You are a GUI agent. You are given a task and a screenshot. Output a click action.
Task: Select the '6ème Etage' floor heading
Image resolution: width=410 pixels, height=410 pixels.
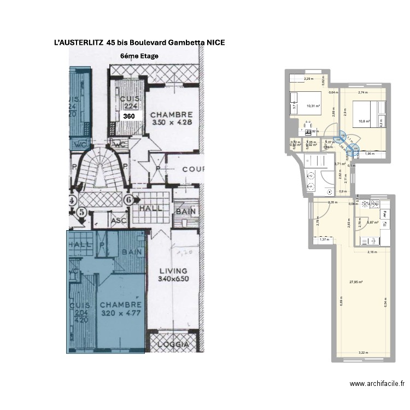coord(139,56)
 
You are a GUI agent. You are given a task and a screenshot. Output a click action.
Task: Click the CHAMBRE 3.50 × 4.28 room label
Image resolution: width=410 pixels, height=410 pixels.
coord(172,119)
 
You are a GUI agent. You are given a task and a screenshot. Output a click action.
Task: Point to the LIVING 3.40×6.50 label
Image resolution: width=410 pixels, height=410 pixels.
coord(173,274)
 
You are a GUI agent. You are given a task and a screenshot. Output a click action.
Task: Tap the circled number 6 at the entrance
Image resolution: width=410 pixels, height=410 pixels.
coord(129,200)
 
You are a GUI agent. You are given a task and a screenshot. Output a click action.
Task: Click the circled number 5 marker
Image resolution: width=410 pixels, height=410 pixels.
coord(82,212)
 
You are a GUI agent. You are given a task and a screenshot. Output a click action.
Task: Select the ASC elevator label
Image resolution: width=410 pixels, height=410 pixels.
coord(119,221)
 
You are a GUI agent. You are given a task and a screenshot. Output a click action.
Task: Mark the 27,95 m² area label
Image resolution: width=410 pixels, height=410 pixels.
coord(356,283)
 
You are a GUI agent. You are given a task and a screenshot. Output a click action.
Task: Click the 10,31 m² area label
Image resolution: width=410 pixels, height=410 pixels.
coord(313,106)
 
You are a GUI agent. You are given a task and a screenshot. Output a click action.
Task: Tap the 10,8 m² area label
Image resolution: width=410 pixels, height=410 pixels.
coord(365,121)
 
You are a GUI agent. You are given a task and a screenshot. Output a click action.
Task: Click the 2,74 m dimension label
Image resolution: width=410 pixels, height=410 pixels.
coord(362,93)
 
